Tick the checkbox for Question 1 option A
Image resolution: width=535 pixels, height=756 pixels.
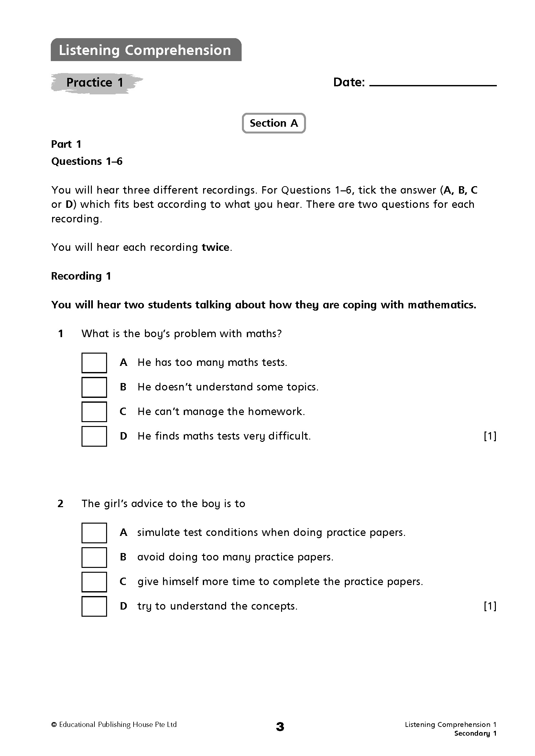94,363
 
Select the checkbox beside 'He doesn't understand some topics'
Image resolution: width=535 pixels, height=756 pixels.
94,387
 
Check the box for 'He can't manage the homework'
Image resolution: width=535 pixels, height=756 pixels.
94,411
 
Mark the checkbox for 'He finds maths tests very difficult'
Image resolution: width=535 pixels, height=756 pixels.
94,436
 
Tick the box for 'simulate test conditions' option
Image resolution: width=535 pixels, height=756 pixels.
94,533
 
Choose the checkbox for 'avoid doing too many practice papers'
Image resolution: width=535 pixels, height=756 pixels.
94,558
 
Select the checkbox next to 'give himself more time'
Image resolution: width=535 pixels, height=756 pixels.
94,582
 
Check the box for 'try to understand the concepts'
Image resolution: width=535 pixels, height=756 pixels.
94,606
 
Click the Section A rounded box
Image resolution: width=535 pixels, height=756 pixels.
274,123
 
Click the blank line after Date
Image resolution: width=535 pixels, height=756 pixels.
433,84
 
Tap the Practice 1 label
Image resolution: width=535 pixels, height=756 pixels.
95,82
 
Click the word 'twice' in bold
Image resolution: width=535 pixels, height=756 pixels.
215,247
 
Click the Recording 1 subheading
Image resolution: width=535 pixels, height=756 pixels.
81,276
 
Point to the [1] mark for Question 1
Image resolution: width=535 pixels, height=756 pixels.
490,436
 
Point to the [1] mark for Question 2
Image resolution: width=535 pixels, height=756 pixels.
490,606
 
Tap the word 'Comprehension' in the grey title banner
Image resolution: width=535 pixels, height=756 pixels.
178,50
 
